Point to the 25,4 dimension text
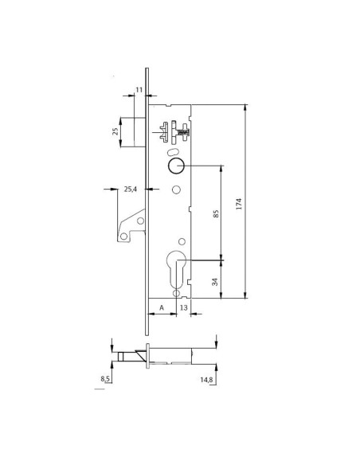click(131, 190)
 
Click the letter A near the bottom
click(162, 307)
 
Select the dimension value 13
click(183, 307)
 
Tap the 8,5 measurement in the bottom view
click(106, 380)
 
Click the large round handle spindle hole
click(175, 166)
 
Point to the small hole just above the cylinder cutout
click(182, 241)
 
